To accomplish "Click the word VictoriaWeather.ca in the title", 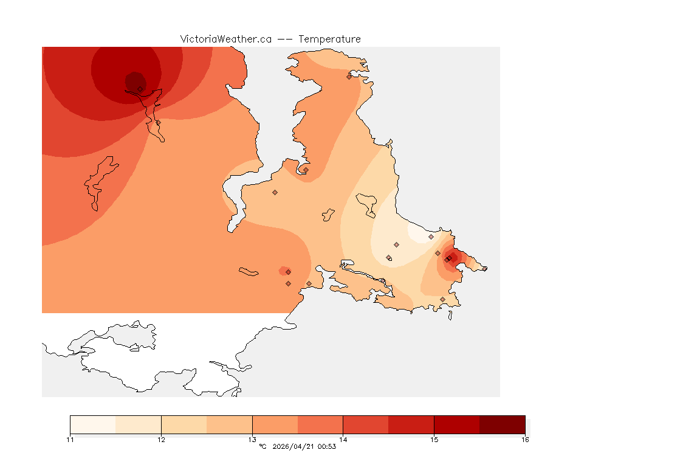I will (225, 39).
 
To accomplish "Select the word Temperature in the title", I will (329, 39).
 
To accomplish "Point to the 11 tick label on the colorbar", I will (70, 440).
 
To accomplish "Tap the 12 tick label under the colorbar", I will (161, 440).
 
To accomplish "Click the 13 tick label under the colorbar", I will (252, 440).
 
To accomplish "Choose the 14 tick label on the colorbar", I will (343, 440).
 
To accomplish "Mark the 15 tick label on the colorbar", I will (434, 440).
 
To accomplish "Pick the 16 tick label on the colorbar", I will (525, 440).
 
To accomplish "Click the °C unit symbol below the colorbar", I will (262, 447).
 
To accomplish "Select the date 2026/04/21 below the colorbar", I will (295, 447).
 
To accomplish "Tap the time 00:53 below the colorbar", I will (328, 447).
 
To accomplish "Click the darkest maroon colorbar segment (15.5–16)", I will (502, 424).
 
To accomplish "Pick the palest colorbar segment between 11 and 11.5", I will (92, 424).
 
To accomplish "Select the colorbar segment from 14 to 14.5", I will (366, 424).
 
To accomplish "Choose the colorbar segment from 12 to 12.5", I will (184, 424).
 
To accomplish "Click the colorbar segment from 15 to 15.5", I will (457, 424).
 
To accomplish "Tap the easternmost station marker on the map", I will (484, 269).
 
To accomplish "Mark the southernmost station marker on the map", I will (442, 299).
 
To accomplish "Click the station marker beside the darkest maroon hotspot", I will (140, 89).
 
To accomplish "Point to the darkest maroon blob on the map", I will (135, 81).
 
